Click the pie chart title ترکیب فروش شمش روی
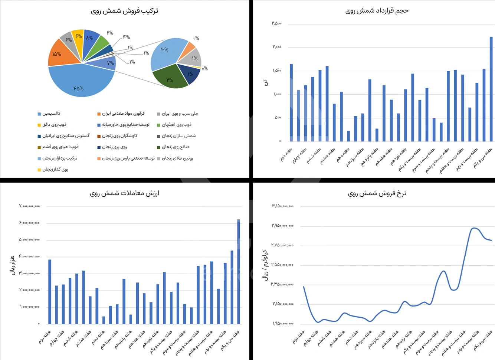(124, 11)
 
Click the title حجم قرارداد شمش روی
(377, 11)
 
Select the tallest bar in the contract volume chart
(491, 89)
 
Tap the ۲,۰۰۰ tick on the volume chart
(277, 47)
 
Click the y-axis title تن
(265, 82)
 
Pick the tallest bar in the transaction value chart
(239, 271)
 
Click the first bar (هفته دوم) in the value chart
(50, 292)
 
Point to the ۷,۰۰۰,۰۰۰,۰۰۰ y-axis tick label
(29, 206)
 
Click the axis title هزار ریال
(12, 265)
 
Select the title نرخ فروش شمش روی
(377, 193)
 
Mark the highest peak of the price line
(473, 228)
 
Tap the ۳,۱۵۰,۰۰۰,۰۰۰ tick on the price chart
(283, 206)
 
